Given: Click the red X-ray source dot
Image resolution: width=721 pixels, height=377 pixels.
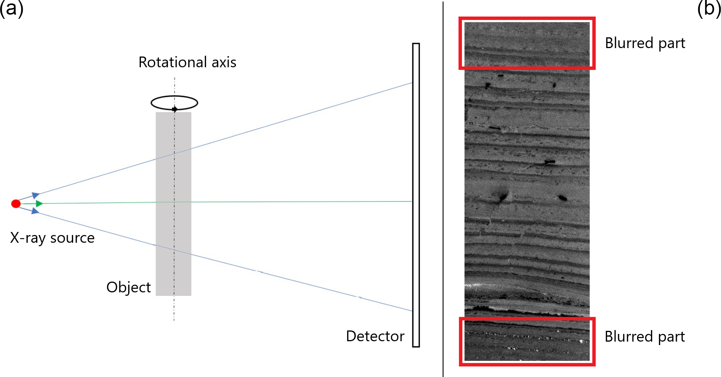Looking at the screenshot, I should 16,204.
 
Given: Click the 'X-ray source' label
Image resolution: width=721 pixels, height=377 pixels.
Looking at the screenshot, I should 52,238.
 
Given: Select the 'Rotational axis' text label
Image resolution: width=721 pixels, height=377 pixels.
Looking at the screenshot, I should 187,62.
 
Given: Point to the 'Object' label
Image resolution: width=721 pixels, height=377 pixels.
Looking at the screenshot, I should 129,287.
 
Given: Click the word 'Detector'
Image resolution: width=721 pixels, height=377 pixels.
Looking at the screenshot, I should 375,336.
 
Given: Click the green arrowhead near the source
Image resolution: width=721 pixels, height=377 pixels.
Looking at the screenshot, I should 39,203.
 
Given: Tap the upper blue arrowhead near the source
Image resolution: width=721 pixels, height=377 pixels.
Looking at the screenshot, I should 35,195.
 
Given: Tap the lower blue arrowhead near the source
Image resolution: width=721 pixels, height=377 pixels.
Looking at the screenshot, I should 35,211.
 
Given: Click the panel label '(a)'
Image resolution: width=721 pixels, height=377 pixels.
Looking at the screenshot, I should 12,8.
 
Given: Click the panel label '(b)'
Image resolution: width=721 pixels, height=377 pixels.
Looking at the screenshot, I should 709,8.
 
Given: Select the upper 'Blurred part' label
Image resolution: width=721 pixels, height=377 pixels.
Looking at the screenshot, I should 645,43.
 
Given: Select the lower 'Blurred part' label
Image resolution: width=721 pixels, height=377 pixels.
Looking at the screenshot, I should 645,337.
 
